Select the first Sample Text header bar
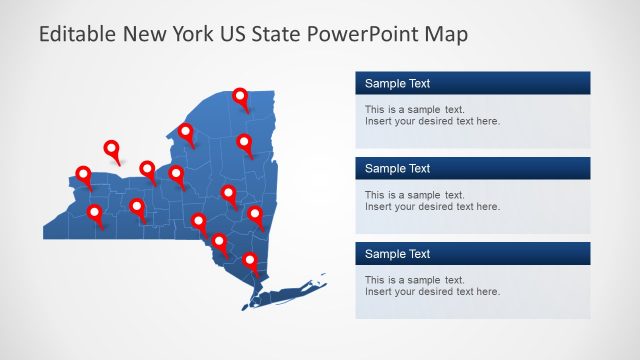tap(472, 83)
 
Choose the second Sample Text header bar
tap(472, 168)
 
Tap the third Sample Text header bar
tap(472, 254)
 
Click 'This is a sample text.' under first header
tap(414, 109)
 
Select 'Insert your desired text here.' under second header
tap(432, 207)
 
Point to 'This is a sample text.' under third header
tap(414, 279)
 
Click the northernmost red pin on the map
tap(240, 96)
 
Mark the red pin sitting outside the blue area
tap(112, 149)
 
